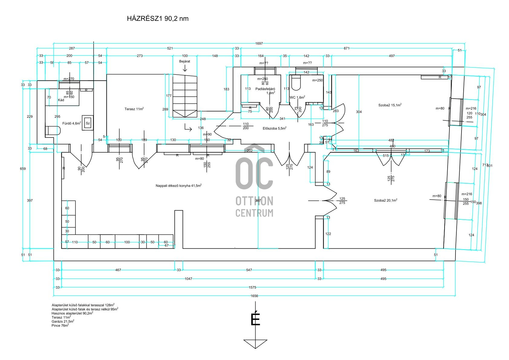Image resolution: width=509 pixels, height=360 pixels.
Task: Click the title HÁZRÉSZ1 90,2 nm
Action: pyautogui.click(x=158, y=18)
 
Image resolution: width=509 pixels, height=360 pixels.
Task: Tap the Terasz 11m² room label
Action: pyautogui.click(x=134, y=109)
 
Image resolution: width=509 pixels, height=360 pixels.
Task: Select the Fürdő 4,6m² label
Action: pyautogui.click(x=72, y=123)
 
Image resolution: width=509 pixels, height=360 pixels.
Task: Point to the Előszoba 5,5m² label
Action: pyautogui.click(x=274, y=128)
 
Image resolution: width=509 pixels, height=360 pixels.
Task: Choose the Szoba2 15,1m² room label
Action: pyautogui.click(x=390, y=105)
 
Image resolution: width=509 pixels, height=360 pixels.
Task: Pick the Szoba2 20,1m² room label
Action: pyautogui.click(x=385, y=200)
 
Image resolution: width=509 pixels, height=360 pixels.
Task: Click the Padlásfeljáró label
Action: pyautogui.click(x=265, y=89)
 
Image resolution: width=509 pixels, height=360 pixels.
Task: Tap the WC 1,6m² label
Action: pyautogui.click(x=297, y=97)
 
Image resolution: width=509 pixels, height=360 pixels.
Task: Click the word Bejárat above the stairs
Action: pyautogui.click(x=184, y=61)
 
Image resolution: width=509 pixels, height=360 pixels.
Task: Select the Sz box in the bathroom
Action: pyautogui.click(x=88, y=123)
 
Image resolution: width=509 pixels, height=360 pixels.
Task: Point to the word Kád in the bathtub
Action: pyautogui.click(x=61, y=100)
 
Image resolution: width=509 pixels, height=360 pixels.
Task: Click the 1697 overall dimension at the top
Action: pyautogui.click(x=259, y=44)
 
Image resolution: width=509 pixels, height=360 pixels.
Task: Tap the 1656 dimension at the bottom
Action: pyautogui.click(x=254, y=296)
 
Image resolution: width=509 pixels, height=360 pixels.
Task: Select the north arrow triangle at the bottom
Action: pyautogui.click(x=256, y=343)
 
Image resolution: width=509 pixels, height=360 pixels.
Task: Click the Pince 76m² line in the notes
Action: pyautogui.click(x=60, y=325)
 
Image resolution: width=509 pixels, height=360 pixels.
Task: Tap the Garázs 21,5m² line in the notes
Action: pyautogui.click(x=63, y=321)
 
